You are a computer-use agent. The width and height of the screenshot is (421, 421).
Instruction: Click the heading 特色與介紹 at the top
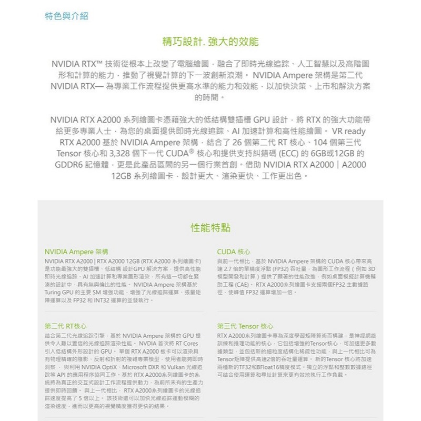[67, 16]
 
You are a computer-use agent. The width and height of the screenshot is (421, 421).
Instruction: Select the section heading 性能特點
[210, 228]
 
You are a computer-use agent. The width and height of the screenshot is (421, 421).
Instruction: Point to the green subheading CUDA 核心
[234, 252]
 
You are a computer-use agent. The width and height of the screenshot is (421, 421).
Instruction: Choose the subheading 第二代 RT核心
[66, 326]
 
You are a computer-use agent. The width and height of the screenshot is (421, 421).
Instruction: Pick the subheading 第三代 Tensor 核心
[245, 326]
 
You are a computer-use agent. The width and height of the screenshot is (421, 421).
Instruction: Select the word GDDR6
[69, 164]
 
